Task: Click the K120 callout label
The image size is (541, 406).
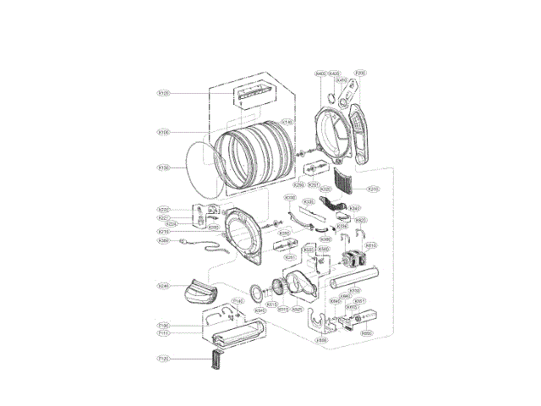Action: tap(164, 92)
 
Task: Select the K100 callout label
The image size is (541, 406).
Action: tap(164, 132)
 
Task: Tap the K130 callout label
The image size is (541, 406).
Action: tap(164, 167)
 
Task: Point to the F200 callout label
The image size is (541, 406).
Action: tap(360, 74)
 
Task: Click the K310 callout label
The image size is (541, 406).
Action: tap(373, 189)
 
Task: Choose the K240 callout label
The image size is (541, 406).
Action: tap(164, 286)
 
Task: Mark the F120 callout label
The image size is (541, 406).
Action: tap(164, 359)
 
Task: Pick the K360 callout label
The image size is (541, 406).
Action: tap(164, 241)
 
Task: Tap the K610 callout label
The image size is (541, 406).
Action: tap(370, 245)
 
